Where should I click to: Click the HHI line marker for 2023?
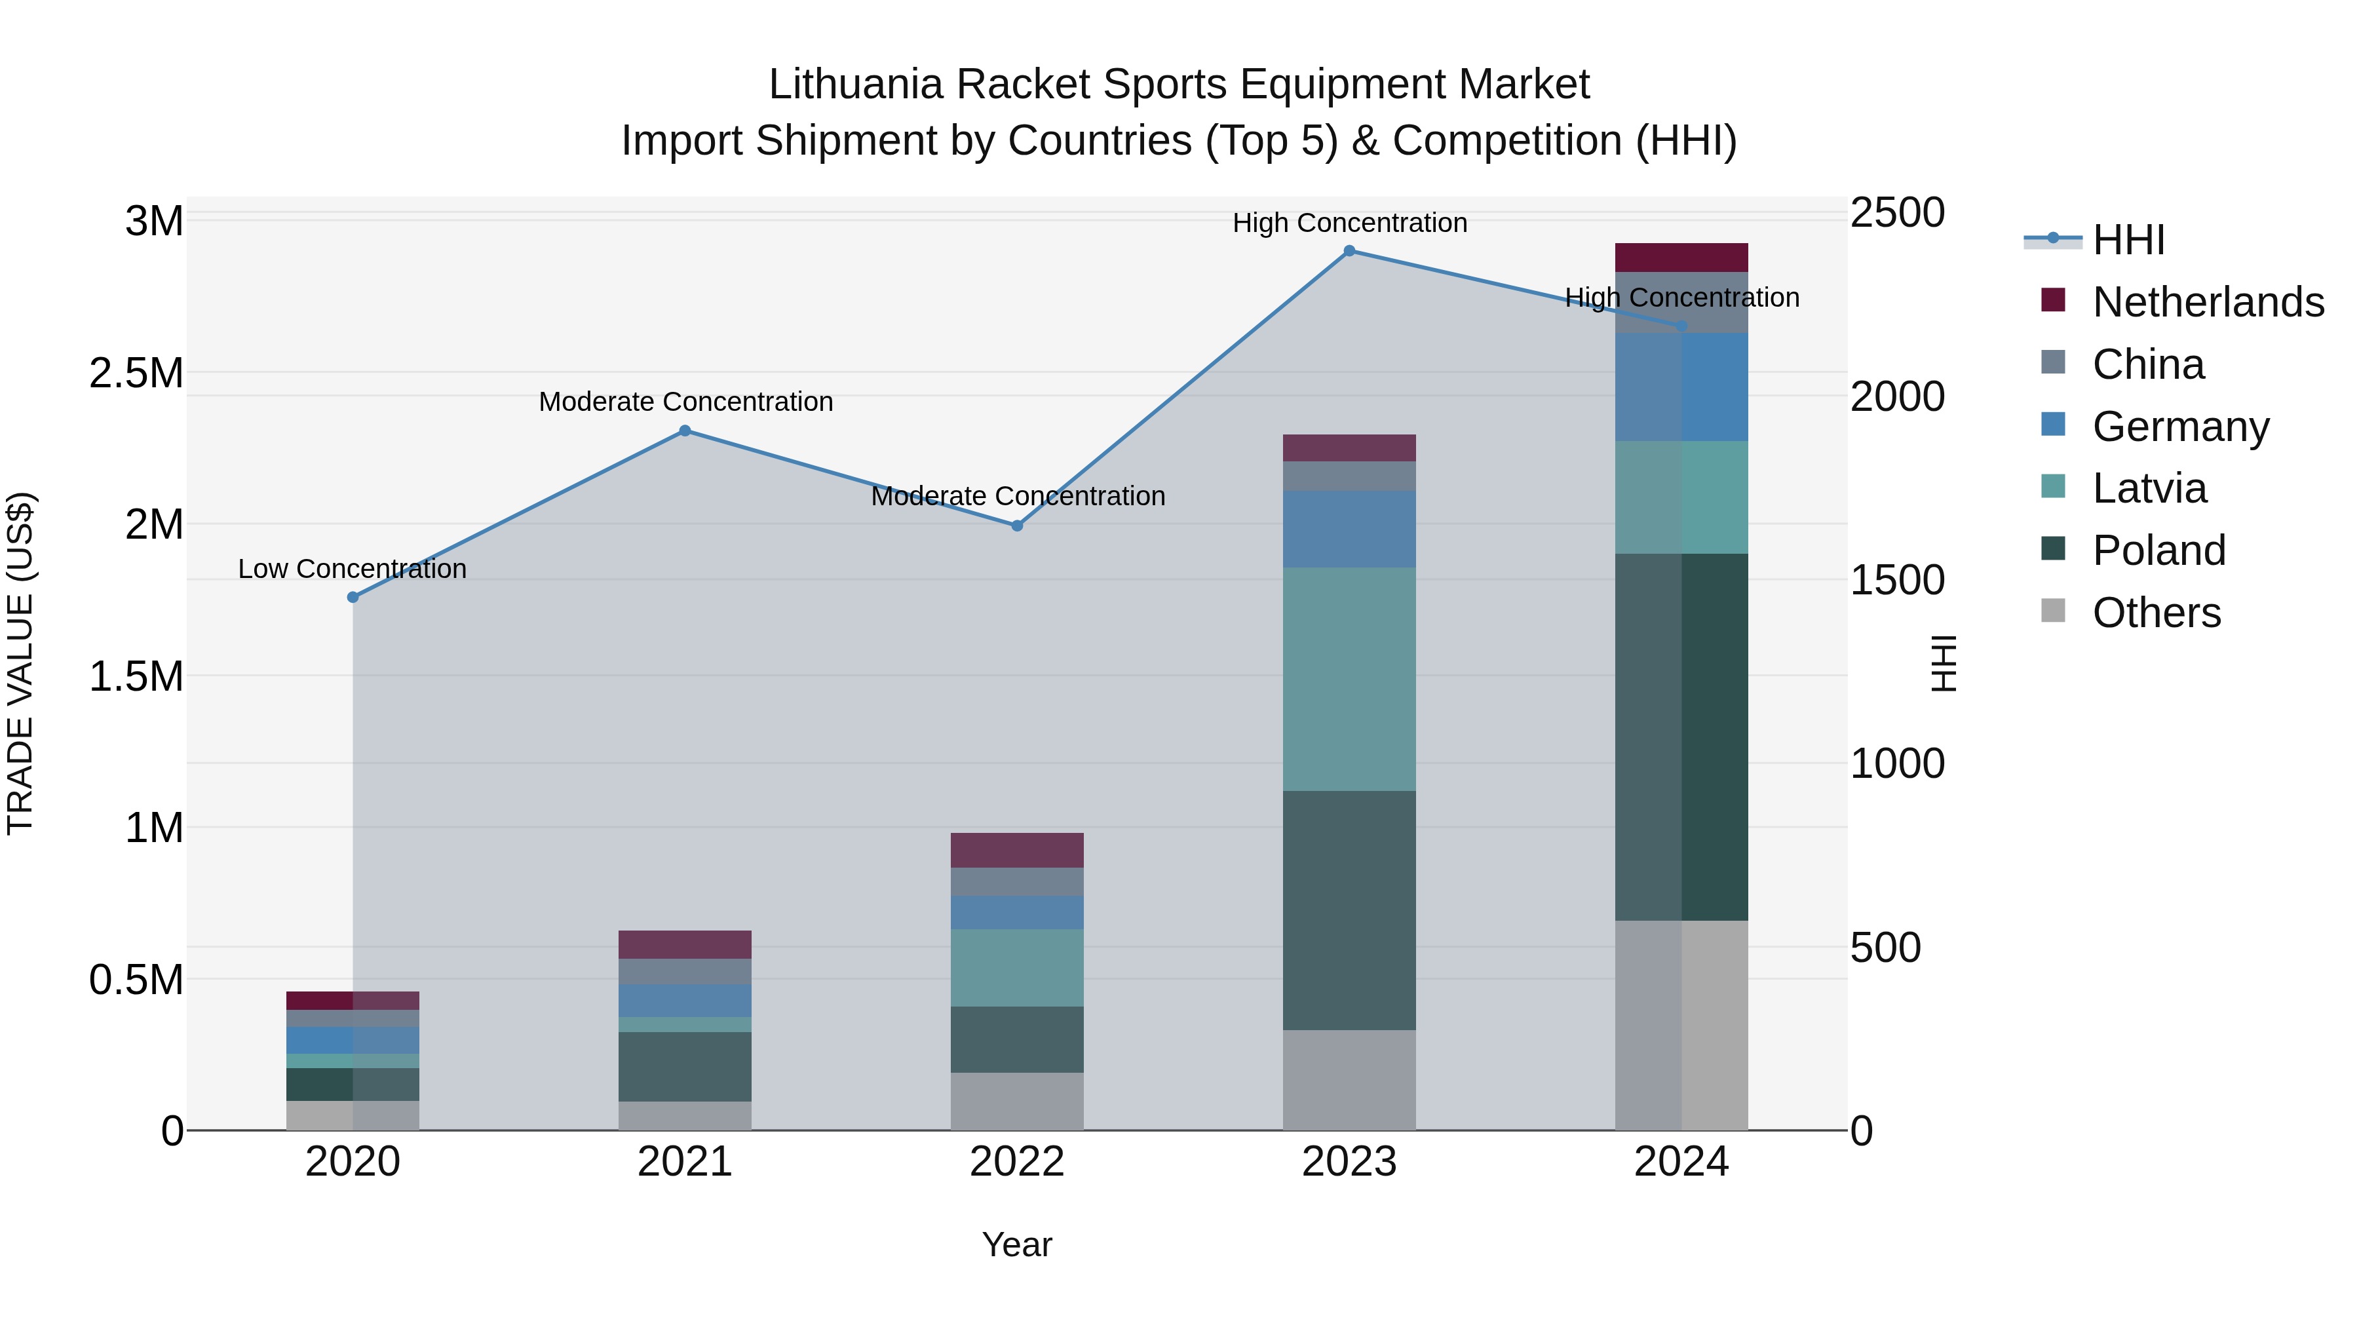pos(1349,251)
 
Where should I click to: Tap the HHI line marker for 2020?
pos(353,597)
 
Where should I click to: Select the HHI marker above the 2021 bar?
pos(685,431)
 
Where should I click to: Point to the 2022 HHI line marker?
pos(1016,526)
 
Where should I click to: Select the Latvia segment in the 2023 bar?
pos(1349,679)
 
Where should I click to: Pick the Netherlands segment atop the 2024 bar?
pos(1681,258)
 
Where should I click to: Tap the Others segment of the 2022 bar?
pos(1016,1101)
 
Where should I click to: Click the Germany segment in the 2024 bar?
pos(1681,387)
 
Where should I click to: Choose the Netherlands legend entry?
pos(2208,302)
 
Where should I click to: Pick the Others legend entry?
pos(2156,613)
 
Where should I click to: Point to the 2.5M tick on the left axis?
pos(136,374)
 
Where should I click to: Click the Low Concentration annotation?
pos(353,569)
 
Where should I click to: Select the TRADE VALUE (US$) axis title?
pos(20,663)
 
